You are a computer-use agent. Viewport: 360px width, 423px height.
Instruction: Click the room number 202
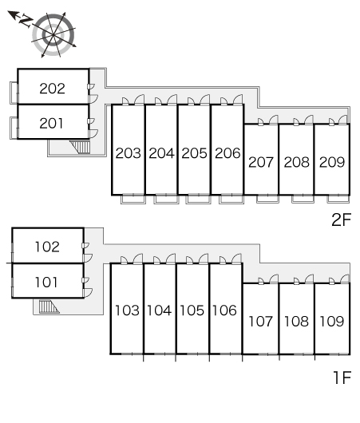point(53,89)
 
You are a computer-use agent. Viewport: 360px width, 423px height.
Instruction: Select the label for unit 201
point(51,123)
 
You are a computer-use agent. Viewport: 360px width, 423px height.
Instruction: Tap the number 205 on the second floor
point(194,153)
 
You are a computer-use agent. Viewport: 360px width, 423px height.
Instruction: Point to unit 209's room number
point(332,162)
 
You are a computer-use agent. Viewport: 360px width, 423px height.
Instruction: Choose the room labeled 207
point(261,162)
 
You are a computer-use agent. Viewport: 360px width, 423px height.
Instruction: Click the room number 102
point(47,247)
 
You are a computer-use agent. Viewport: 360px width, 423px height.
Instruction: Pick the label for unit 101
point(46,283)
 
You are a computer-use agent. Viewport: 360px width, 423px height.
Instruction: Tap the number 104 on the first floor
point(159,310)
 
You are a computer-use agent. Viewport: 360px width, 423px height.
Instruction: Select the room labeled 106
point(224,310)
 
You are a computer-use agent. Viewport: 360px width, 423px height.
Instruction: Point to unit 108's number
point(296,322)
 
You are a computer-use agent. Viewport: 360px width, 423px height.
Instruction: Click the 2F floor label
point(342,219)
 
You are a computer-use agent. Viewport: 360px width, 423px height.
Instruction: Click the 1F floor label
point(342,378)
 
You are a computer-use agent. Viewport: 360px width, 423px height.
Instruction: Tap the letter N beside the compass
point(26,21)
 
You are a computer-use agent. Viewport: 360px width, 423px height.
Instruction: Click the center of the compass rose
point(53,34)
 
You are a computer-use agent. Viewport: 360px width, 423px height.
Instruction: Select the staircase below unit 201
point(80,147)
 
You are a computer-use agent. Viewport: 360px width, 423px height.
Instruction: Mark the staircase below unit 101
point(49,306)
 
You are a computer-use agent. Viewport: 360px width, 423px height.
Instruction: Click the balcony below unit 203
point(133,200)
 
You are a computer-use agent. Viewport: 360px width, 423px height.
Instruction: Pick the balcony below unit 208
point(303,199)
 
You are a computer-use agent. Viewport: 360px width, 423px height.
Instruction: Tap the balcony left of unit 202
point(14,93)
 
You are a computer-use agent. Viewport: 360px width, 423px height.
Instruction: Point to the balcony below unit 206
point(231,200)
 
